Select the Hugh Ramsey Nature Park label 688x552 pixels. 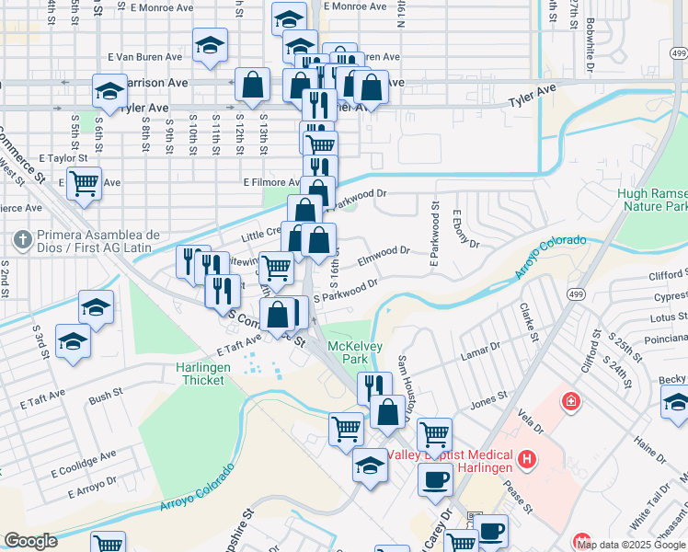pos(652,201)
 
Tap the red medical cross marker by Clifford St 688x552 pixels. pos(570,402)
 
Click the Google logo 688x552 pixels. pos(30,541)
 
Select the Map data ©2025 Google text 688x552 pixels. pos(631,545)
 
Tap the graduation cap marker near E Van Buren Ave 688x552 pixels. pos(210,45)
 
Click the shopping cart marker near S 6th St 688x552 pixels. pos(84,182)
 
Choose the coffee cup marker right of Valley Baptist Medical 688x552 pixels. pos(434,478)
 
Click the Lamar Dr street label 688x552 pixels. pos(482,352)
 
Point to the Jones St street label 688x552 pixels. pos(488,400)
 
